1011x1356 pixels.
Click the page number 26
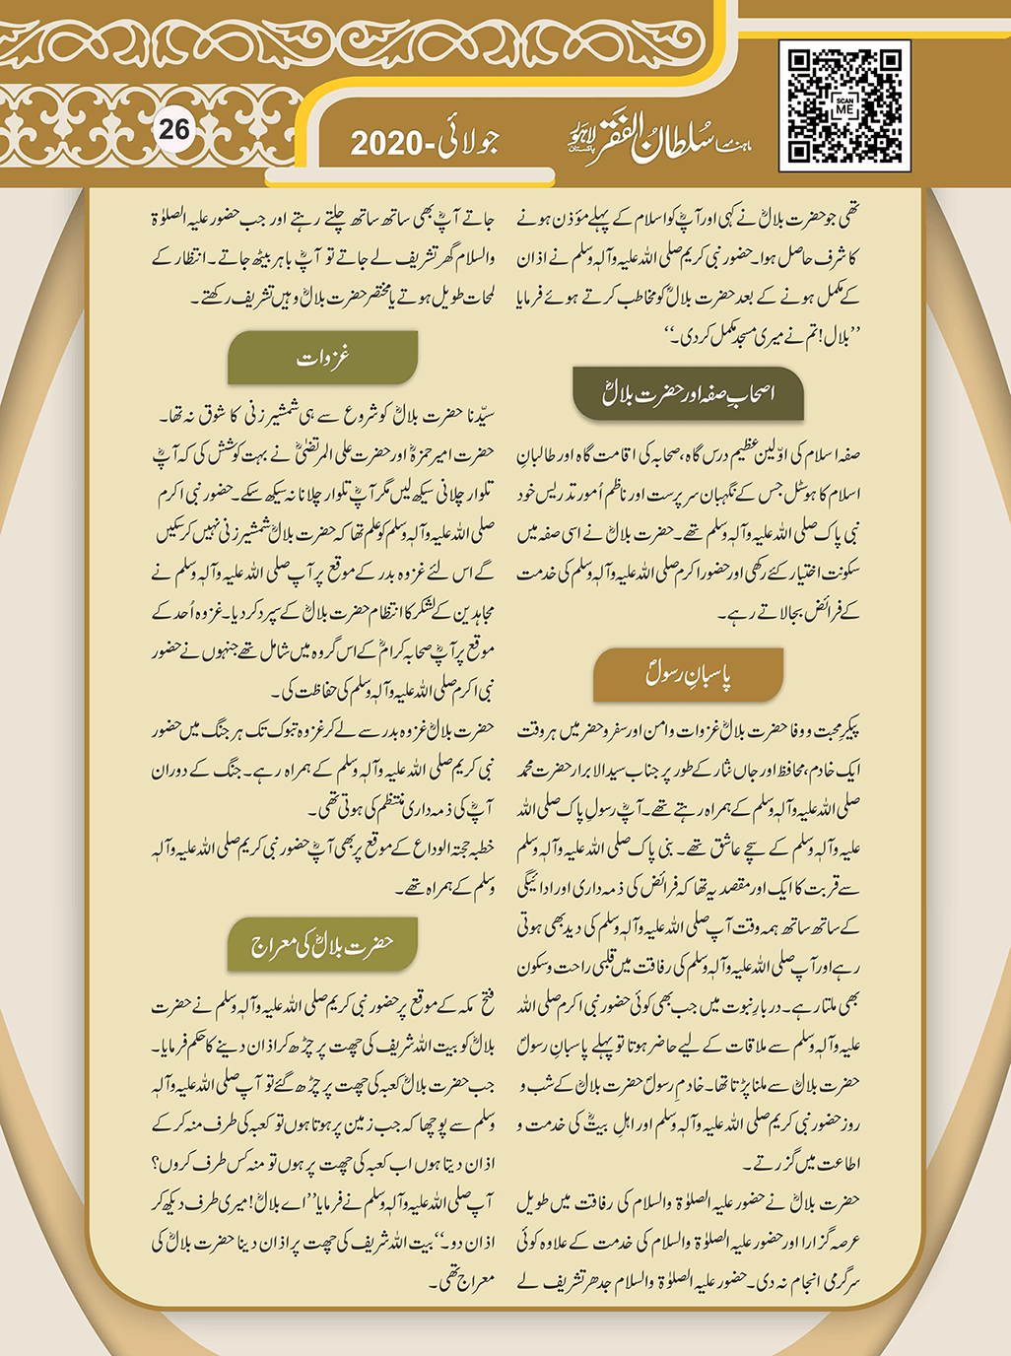pyautogui.click(x=174, y=130)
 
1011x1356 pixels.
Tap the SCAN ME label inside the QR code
pyautogui.click(x=844, y=107)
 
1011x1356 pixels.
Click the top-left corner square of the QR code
pyautogui.click(x=800, y=62)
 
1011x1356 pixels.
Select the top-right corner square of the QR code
pyautogui.click(x=890, y=62)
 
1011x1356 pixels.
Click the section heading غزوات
pyautogui.click(x=323, y=358)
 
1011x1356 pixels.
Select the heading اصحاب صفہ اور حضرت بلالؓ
pyautogui.click(x=688, y=393)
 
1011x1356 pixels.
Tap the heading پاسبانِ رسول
pyautogui.click(x=688, y=674)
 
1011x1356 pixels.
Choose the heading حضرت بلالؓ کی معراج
pyautogui.click(x=322, y=945)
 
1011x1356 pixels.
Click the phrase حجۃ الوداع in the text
pyautogui.click(x=434, y=848)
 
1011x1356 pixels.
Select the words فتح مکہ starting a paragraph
pyautogui.click(x=471, y=1006)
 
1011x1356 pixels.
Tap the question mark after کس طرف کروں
pyautogui.click(x=157, y=1164)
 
